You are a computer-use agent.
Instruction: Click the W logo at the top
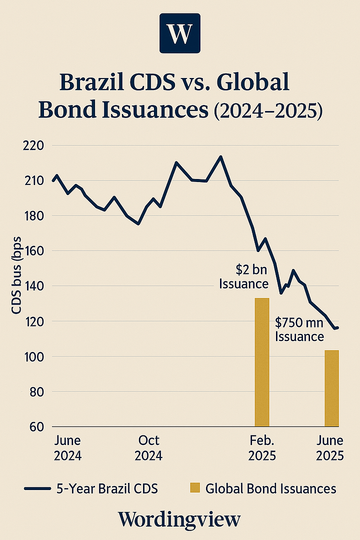click(x=179, y=33)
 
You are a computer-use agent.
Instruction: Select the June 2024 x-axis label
click(x=67, y=448)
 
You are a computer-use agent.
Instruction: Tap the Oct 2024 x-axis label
click(x=149, y=448)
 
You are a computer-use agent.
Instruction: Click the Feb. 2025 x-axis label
click(x=262, y=448)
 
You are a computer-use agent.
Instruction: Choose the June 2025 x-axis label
click(x=330, y=448)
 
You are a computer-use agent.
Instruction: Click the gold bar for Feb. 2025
click(x=262, y=362)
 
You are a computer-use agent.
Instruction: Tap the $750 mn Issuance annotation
click(x=299, y=330)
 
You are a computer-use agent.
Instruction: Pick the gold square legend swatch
click(x=195, y=488)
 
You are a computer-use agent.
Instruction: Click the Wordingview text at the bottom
click(x=179, y=519)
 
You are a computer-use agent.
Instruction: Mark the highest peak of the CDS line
click(x=220, y=156)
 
